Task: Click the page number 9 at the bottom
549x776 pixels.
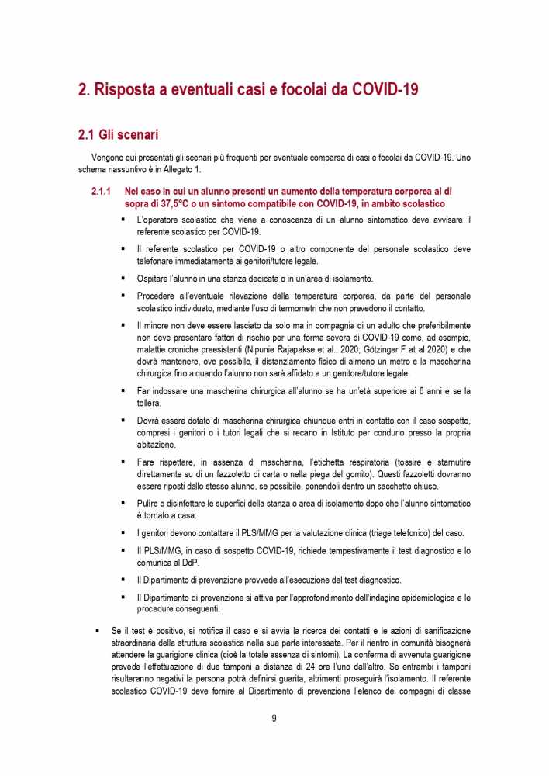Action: [x=274, y=718]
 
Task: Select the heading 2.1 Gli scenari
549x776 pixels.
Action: [x=119, y=135]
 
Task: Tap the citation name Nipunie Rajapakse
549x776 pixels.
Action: [x=333, y=349]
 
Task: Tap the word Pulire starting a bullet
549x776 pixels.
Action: [x=150, y=504]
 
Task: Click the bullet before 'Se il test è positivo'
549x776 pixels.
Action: [x=97, y=631]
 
